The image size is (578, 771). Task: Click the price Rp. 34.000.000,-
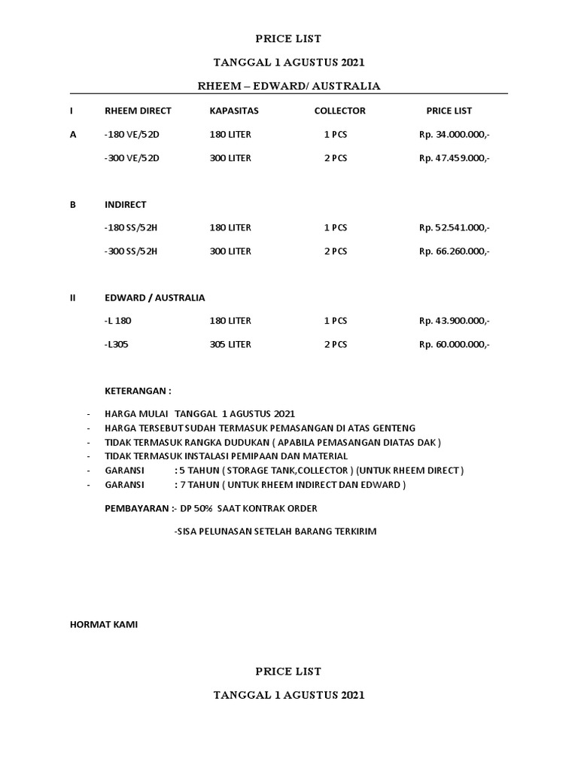click(x=454, y=135)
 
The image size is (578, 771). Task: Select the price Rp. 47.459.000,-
click(x=454, y=158)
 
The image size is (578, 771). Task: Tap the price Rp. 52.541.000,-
click(x=454, y=227)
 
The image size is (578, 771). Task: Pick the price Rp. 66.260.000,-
click(x=454, y=251)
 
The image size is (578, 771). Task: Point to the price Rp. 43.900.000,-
click(x=454, y=321)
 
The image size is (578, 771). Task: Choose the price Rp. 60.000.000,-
click(x=454, y=344)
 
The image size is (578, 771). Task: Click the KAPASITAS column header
click(x=234, y=111)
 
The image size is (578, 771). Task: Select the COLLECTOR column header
click(x=339, y=111)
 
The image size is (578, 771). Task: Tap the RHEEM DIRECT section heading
click(x=138, y=111)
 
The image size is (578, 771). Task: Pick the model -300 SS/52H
click(x=131, y=251)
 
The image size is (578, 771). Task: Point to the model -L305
click(x=117, y=344)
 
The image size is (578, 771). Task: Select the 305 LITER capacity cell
click(x=230, y=344)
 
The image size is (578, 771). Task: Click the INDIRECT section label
click(x=126, y=204)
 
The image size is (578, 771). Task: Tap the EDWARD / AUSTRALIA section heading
click(x=154, y=297)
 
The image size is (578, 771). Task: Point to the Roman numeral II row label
click(x=73, y=297)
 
